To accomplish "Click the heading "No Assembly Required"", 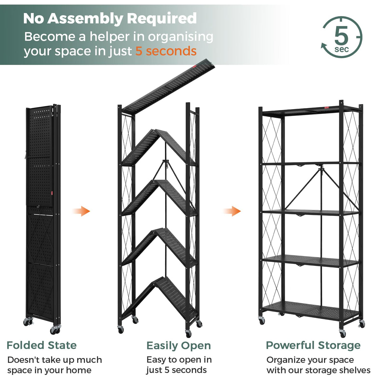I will point(110,18).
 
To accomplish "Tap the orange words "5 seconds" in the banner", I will point(166,51).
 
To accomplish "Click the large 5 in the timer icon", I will point(341,36).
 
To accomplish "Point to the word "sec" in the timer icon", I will point(341,49).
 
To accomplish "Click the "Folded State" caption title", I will point(42,345).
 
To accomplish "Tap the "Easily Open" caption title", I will point(178,346).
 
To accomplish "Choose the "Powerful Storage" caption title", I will point(313,345).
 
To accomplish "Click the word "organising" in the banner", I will point(181,37).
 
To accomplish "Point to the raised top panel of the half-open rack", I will point(169,86).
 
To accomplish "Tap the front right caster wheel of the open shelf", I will point(342,334).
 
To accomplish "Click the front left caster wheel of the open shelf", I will point(262,321).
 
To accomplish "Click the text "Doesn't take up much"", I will point(55,360).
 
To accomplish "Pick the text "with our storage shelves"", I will point(318,370).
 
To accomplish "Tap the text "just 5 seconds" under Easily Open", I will point(176,370).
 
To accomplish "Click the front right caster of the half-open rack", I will point(188,334).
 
